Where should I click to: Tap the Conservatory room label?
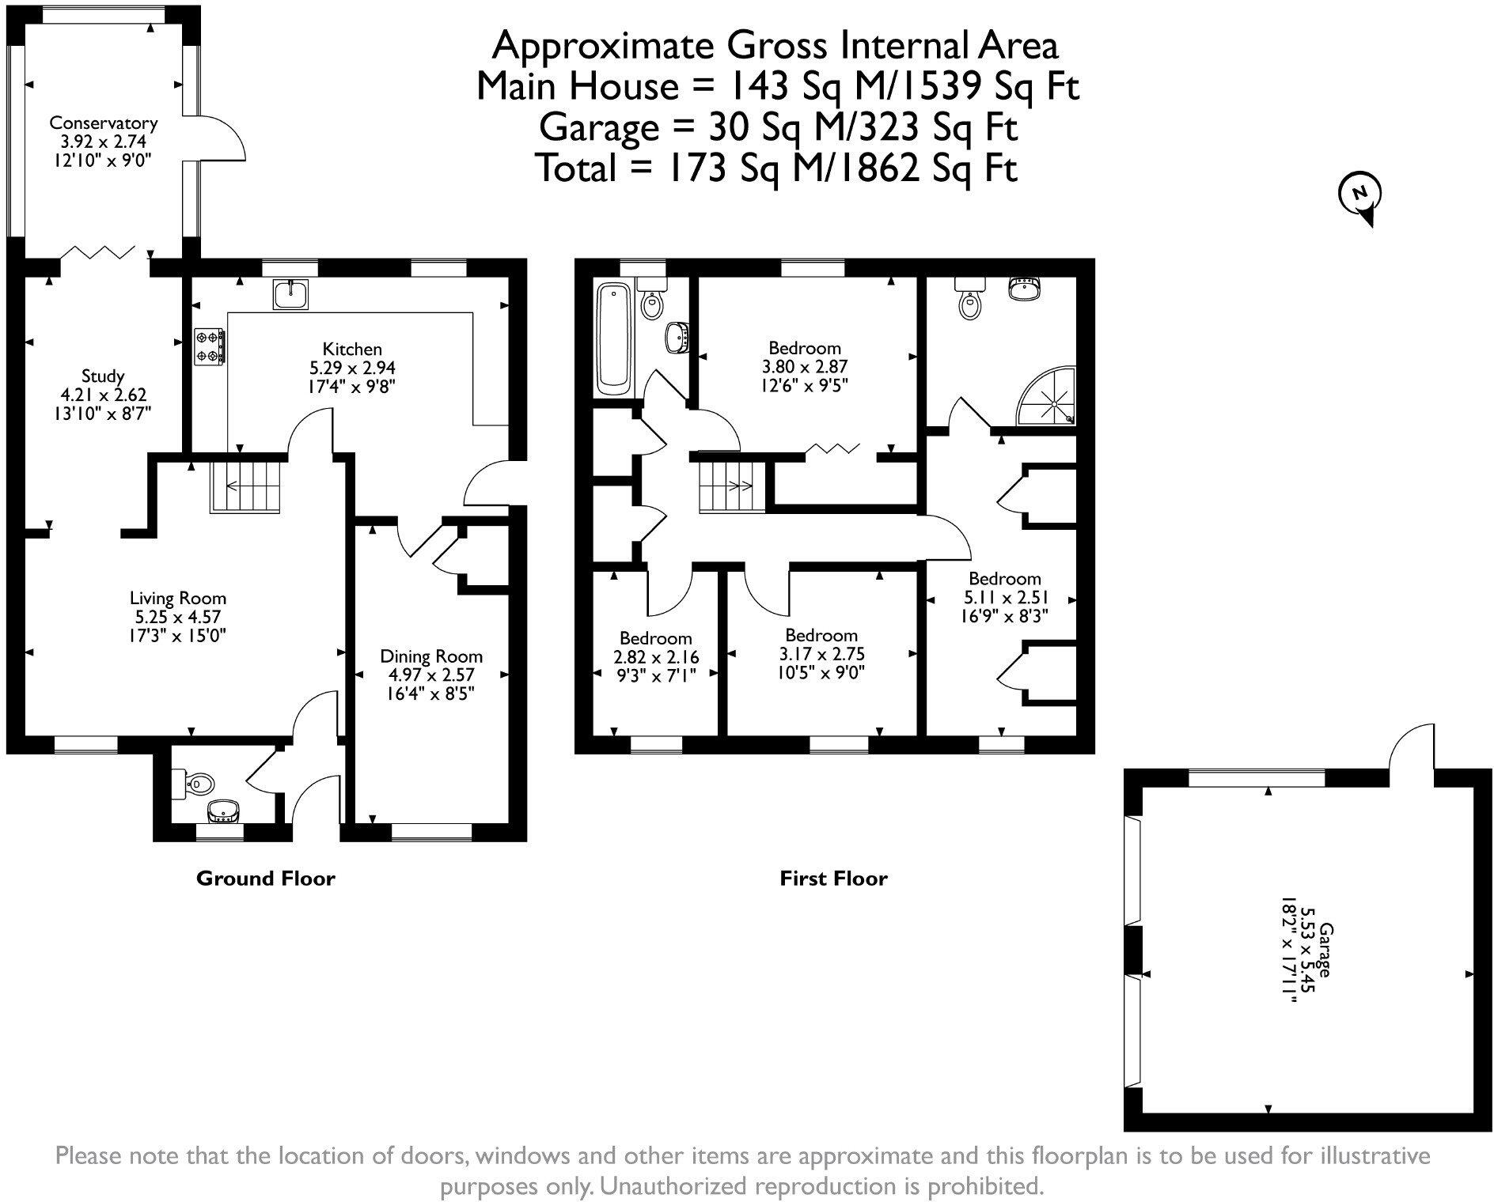click(103, 123)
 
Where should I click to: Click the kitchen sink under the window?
click(290, 294)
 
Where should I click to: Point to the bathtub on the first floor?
click(612, 340)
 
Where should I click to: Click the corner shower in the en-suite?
click(1049, 399)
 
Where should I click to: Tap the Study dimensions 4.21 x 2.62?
click(103, 395)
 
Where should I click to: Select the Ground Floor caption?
click(265, 879)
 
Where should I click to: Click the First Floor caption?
click(833, 879)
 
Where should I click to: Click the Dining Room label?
click(431, 656)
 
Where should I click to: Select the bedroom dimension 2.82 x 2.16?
click(656, 657)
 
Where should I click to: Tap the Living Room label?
click(178, 599)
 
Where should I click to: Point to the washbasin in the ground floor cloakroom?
click(224, 811)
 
